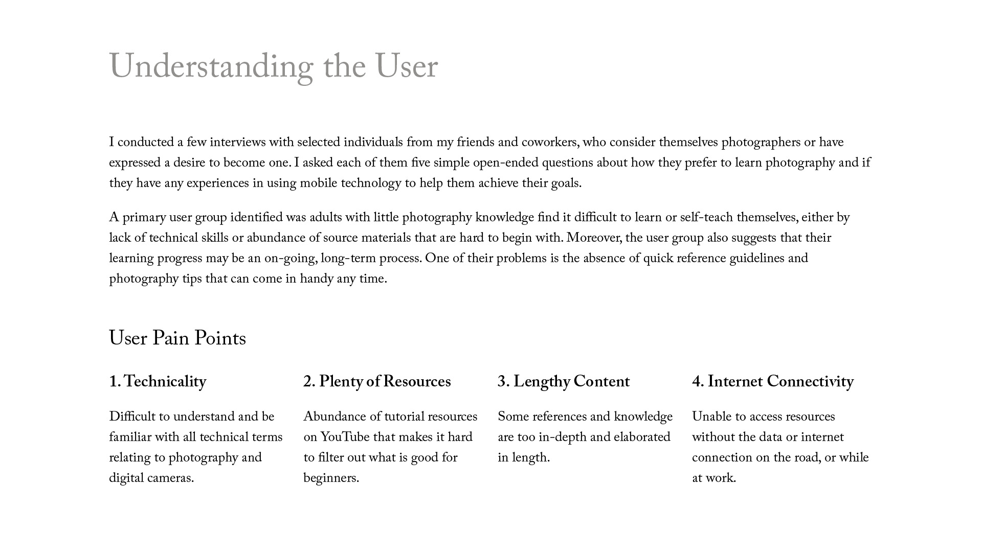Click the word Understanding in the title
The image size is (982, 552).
(x=211, y=67)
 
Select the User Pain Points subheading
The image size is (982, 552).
(x=177, y=338)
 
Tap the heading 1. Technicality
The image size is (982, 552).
(x=158, y=382)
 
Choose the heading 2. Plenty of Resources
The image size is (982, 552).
(x=377, y=382)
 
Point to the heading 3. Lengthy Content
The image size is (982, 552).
(x=564, y=382)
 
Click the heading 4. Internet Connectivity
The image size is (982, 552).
(x=773, y=382)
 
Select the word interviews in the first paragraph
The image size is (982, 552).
(x=237, y=142)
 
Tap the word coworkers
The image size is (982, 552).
(x=549, y=142)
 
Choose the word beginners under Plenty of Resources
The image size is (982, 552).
(x=330, y=478)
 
